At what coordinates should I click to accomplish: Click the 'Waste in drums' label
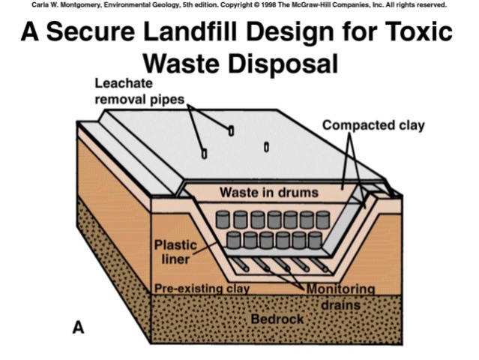[268, 193]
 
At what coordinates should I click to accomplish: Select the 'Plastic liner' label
[173, 252]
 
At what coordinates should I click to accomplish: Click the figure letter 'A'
[78, 327]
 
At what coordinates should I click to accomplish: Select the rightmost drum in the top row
[322, 220]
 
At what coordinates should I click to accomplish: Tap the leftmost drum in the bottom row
[233, 240]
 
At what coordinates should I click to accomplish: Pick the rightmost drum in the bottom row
[316, 240]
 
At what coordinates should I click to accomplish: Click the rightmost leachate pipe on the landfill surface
[266, 145]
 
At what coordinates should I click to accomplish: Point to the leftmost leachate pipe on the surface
[204, 154]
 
